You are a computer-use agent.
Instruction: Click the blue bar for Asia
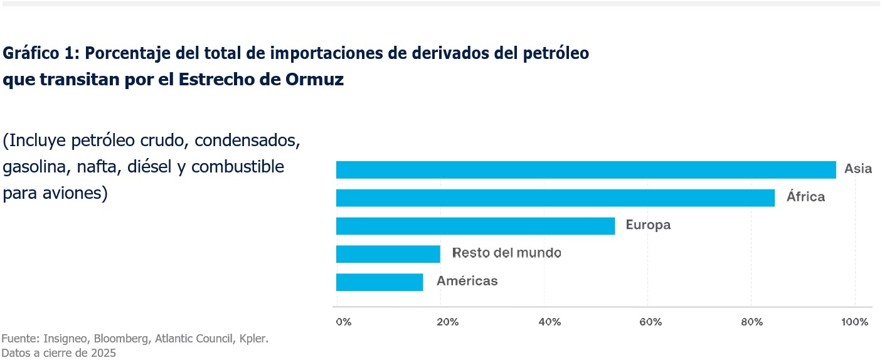(x=586, y=169)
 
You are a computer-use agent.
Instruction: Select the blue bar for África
(x=555, y=198)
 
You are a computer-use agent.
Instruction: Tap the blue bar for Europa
(x=476, y=226)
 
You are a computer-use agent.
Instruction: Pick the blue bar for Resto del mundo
(x=388, y=254)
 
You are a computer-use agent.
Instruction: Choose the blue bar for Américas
(x=380, y=282)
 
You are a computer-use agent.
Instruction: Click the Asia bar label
(x=858, y=169)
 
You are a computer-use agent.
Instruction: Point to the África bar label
(x=805, y=197)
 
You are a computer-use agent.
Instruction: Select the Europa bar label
(x=648, y=225)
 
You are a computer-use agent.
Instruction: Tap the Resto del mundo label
(x=506, y=253)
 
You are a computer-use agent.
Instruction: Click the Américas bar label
(x=467, y=281)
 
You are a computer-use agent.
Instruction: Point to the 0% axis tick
(x=344, y=322)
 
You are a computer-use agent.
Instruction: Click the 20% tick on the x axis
(x=447, y=322)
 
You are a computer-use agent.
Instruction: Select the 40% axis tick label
(x=549, y=322)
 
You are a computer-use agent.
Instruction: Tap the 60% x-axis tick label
(x=651, y=322)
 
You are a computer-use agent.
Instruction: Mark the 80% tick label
(x=752, y=322)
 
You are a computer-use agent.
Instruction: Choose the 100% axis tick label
(x=855, y=322)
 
